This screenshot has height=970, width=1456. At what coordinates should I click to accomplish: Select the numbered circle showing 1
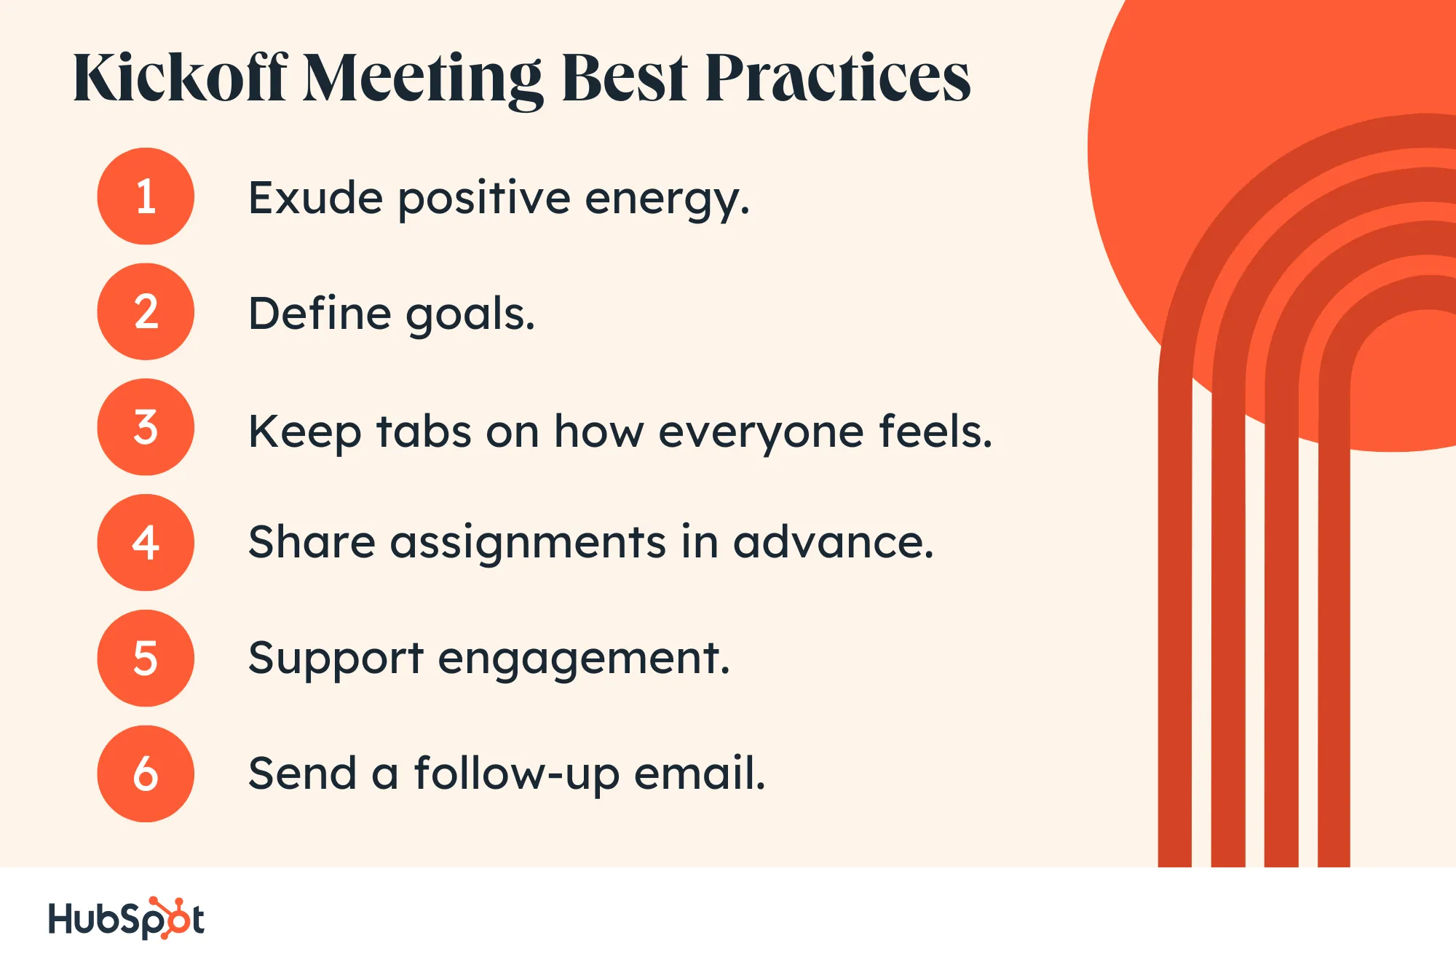pos(146,196)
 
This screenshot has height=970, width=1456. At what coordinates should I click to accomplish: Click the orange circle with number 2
pos(146,311)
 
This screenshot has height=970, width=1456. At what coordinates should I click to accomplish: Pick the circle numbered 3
pos(146,427)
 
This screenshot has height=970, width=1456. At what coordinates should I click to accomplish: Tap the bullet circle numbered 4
pos(146,543)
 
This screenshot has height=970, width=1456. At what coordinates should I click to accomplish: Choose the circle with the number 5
pos(146,658)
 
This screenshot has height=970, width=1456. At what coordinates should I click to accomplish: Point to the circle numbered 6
pos(146,774)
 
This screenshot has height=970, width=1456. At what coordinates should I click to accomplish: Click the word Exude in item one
pos(315,198)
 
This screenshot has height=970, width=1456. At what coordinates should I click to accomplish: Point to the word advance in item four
pos(833,543)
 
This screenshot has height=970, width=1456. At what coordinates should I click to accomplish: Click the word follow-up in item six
pos(517,774)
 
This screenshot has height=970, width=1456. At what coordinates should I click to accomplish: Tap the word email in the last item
pos(699,773)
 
